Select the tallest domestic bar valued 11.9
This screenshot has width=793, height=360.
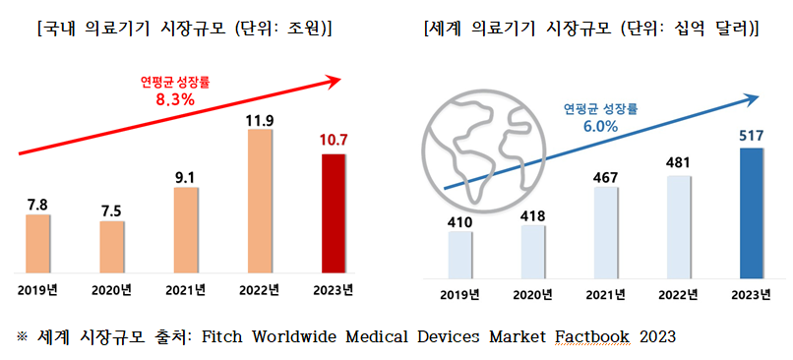(x=259, y=201)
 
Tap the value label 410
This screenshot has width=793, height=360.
(x=459, y=222)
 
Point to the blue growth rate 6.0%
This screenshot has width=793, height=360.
(x=599, y=126)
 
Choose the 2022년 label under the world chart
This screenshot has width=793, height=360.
(x=679, y=293)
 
